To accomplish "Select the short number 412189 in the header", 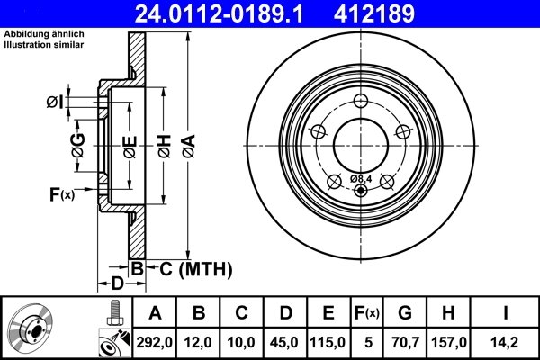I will pos(401,13).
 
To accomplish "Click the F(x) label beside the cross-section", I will pos(64,193).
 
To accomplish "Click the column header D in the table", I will pos(285,313).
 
